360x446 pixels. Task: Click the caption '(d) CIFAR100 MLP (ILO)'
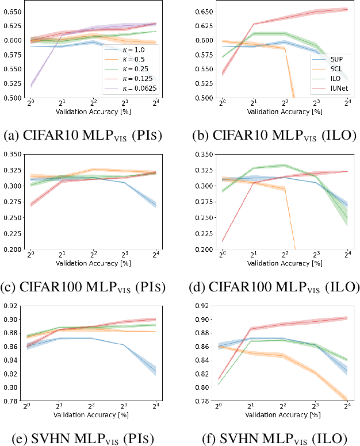pyautogui.click(x=275, y=287)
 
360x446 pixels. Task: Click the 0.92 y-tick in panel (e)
pyautogui.click(x=13, y=306)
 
